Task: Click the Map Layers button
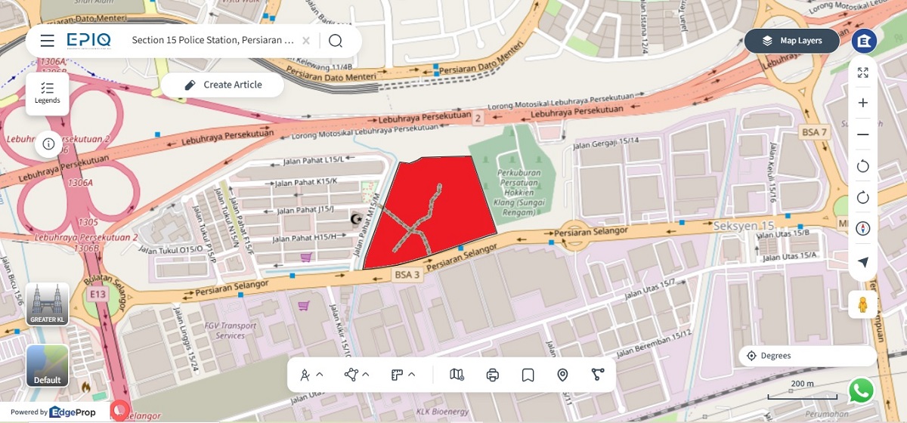[791, 41]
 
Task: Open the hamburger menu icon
[47, 41]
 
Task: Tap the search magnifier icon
[336, 41]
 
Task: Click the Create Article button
[223, 85]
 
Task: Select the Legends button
[47, 94]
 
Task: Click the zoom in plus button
[862, 103]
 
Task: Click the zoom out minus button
[862, 134]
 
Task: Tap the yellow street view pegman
[862, 304]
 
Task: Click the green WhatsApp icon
[861, 391]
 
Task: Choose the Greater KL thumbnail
[48, 304]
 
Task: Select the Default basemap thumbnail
[48, 366]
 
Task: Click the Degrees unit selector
[807, 356]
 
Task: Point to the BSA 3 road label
[407, 275]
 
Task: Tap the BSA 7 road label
[814, 132]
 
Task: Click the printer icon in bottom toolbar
[493, 375]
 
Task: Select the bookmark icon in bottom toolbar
[528, 375]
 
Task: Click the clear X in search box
[305, 41]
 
